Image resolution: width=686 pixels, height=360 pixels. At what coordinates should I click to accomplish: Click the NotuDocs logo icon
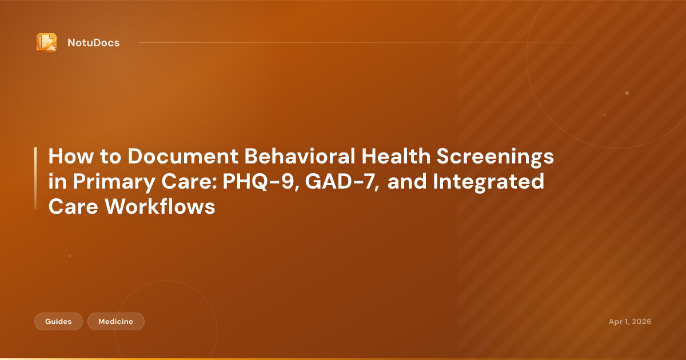coord(46,42)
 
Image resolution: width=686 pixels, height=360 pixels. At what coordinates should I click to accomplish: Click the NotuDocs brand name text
coord(93,43)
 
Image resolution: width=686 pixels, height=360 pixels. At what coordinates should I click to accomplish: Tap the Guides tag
coord(58,322)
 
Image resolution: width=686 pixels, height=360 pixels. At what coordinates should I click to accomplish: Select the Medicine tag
coord(115,322)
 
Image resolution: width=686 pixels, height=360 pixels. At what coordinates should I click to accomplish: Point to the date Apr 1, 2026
coord(629,322)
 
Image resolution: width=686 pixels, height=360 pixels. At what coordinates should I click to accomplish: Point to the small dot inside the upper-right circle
coord(627,93)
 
